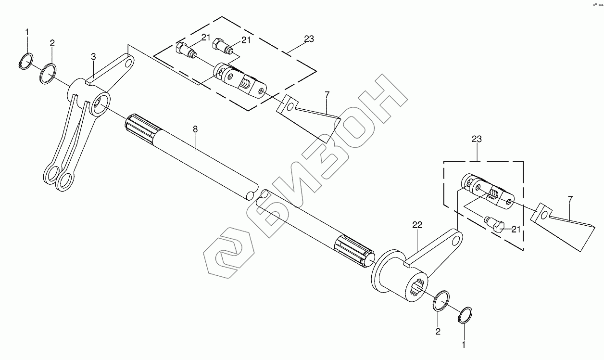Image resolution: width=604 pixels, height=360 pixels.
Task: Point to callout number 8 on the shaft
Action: [195, 129]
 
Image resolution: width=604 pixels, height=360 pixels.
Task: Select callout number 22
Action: [416, 225]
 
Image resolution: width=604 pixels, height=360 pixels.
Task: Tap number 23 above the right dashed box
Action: [477, 139]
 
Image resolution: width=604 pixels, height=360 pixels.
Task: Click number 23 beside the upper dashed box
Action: [309, 39]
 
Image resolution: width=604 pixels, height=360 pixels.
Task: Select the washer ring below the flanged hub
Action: [442, 301]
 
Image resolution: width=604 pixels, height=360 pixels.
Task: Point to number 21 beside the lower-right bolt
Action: [516, 230]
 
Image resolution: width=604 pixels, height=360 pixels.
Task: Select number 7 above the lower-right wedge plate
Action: [570, 198]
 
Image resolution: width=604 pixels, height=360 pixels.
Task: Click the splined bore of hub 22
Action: [419, 288]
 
